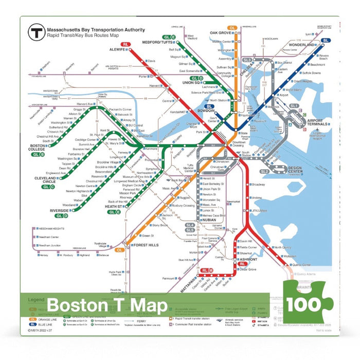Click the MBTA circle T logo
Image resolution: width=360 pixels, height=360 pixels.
[35, 33]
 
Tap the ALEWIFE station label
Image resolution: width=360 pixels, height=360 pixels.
[117, 50]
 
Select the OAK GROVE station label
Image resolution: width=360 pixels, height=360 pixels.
[222, 33]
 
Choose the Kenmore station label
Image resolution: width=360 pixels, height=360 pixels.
[151, 149]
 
